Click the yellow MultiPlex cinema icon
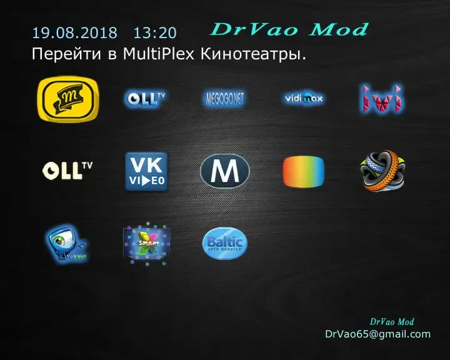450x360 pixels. pyautogui.click(x=68, y=100)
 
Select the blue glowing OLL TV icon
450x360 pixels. pyautogui.click(x=145, y=98)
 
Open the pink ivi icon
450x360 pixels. pyautogui.click(x=381, y=99)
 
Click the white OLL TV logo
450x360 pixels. pyautogui.click(x=67, y=170)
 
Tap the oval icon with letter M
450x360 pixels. pyautogui.click(x=225, y=171)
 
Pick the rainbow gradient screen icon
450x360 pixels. pyautogui.click(x=304, y=171)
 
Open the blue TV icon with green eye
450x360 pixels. pyautogui.click(x=66, y=244)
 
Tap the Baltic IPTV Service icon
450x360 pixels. pyautogui.click(x=225, y=243)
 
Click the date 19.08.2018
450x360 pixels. pyautogui.click(x=74, y=32)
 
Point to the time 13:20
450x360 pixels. pyautogui.click(x=155, y=32)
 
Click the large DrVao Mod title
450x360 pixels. pyautogui.click(x=289, y=29)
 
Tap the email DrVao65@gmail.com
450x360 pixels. pyautogui.click(x=377, y=334)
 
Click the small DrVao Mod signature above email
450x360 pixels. pyautogui.click(x=392, y=321)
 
